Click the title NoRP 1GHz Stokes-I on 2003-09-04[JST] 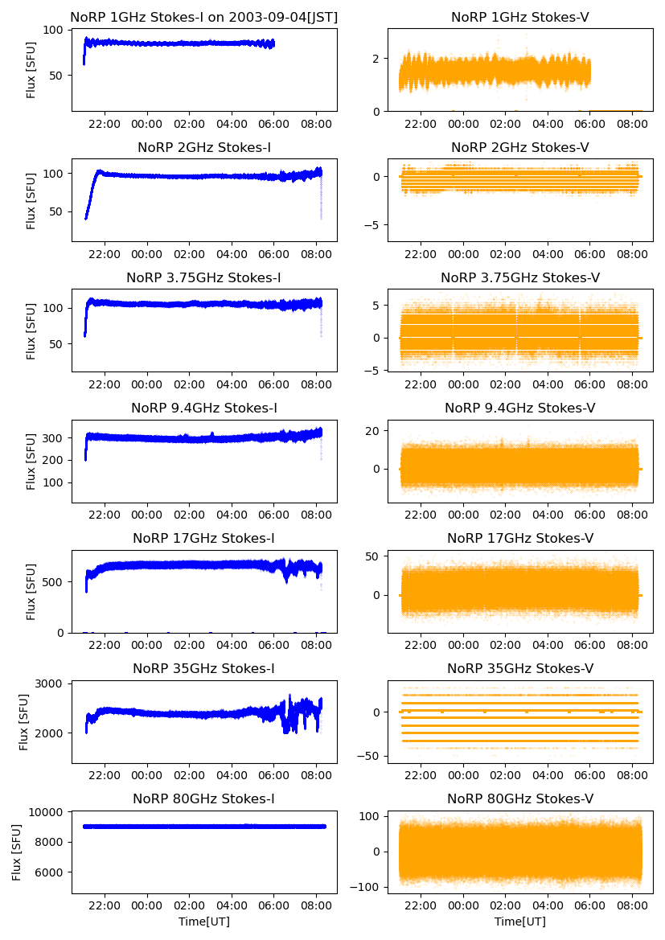tap(203, 17)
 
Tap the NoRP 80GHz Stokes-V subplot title tap(519, 798)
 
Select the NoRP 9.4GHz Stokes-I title tap(203, 408)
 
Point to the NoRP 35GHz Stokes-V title tap(519, 668)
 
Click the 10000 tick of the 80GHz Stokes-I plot tap(49, 812)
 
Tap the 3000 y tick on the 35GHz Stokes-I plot tap(52, 683)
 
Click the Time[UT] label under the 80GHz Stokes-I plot tap(203, 922)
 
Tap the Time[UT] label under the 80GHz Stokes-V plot tap(519, 922)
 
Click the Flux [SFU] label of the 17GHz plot tap(31, 591)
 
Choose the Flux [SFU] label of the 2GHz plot tap(31, 200)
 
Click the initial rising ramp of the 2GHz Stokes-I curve tap(91, 193)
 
